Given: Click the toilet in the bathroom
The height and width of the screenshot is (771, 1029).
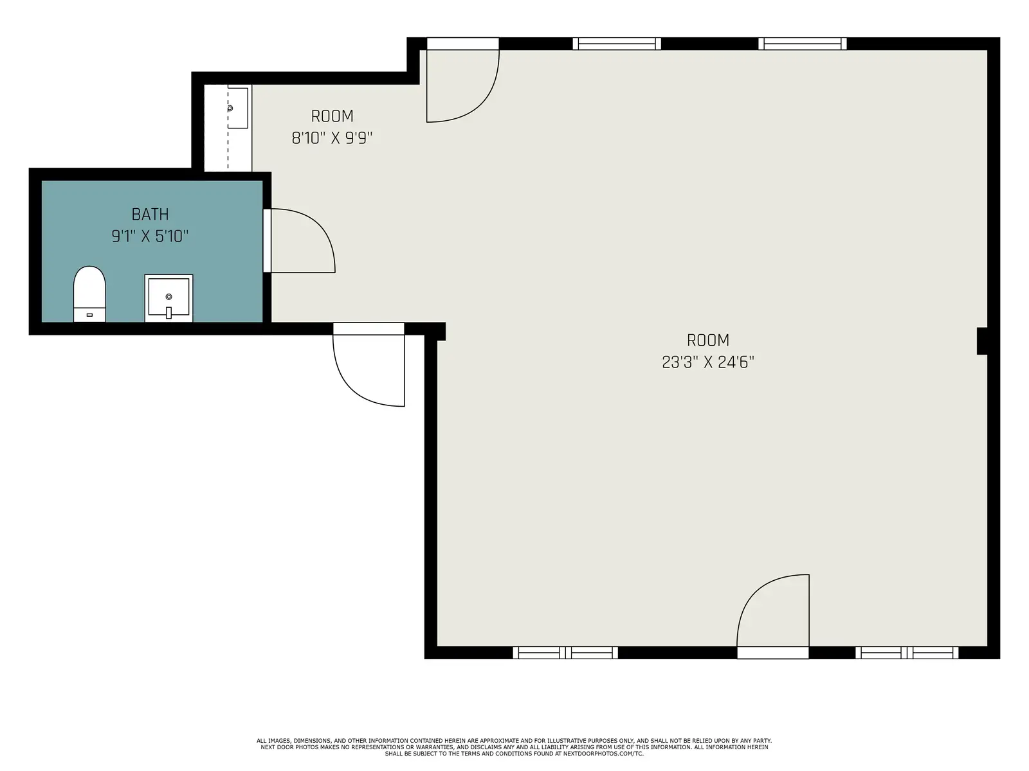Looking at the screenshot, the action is click(89, 294).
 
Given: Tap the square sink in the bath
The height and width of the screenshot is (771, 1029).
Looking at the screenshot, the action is click(168, 298).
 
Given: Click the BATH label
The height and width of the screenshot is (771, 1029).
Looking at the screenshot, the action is click(150, 215).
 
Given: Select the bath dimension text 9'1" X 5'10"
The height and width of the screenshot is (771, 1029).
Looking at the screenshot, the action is click(150, 236).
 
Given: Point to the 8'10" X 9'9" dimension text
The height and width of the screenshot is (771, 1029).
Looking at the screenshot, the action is click(332, 138).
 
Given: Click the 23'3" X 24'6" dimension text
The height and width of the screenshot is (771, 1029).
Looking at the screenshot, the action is click(708, 362).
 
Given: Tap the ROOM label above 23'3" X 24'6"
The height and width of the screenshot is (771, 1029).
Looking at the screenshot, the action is click(708, 341).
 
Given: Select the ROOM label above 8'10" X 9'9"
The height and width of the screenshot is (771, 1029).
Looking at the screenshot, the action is click(332, 116).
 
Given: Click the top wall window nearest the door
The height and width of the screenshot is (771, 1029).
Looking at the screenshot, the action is click(617, 44).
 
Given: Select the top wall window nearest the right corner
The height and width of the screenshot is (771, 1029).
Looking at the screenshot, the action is click(803, 44).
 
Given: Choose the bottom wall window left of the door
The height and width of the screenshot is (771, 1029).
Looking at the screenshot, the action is click(565, 653).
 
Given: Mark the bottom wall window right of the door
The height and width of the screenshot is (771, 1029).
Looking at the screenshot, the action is click(907, 653).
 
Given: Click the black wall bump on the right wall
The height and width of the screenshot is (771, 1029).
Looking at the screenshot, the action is click(981, 341).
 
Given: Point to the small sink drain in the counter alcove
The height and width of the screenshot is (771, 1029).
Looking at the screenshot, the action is click(230, 108).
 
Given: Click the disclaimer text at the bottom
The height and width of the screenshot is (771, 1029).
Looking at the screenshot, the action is click(514, 747).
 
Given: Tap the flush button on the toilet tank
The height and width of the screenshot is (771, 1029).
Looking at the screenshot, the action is click(89, 315).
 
